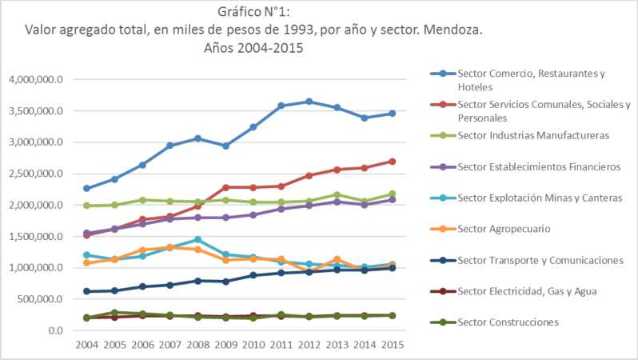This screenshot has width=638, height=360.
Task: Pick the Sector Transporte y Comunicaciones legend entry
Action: tap(540, 260)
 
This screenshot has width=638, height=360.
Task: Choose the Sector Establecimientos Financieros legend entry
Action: tap(539, 166)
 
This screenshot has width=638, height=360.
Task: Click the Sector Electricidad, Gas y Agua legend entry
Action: tap(527, 291)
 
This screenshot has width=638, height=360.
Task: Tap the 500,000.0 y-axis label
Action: tap(38, 299)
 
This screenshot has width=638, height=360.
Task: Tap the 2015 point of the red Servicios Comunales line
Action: tap(393, 161)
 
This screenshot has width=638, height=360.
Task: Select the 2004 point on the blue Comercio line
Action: tap(86, 189)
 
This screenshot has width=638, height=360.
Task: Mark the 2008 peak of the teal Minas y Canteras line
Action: tap(198, 239)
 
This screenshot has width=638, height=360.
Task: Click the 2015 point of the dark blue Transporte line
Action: tap(393, 268)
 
